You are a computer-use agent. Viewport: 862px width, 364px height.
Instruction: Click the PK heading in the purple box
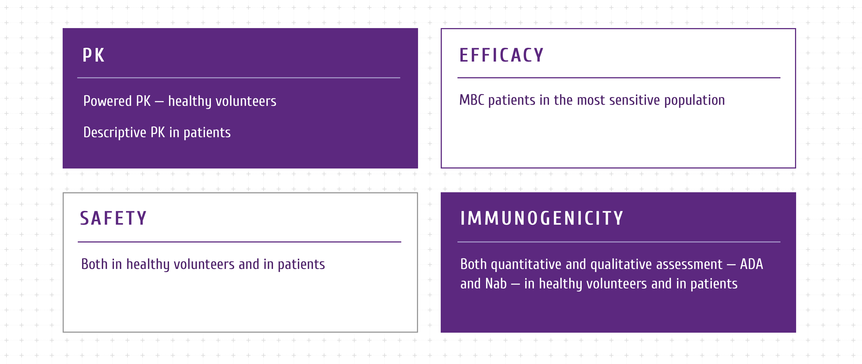[x=93, y=55]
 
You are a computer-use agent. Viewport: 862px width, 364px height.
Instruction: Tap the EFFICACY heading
[x=501, y=55]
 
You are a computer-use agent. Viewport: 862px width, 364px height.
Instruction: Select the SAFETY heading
[x=113, y=218]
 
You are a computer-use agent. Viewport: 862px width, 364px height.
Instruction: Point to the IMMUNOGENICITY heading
[x=542, y=218]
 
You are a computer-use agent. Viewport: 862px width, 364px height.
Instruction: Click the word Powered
[x=107, y=101]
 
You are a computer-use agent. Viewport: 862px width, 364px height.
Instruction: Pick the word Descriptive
[x=115, y=133]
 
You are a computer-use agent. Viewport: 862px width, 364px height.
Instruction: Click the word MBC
[x=472, y=100]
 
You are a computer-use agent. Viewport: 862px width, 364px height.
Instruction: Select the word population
[x=695, y=101]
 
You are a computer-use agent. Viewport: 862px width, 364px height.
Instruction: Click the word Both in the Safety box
[x=94, y=264]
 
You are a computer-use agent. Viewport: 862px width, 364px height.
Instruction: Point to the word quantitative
[x=526, y=265]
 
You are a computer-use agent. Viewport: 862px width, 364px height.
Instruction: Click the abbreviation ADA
[x=752, y=264]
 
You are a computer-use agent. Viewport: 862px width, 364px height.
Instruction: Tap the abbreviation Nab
[x=496, y=284]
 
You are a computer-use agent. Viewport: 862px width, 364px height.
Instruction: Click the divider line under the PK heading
[x=239, y=77]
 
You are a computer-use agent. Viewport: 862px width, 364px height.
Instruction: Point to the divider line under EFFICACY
[x=619, y=77]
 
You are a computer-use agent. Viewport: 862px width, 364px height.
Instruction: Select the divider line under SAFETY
[x=239, y=242]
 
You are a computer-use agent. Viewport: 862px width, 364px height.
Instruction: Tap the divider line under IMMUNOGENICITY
[x=619, y=242]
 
